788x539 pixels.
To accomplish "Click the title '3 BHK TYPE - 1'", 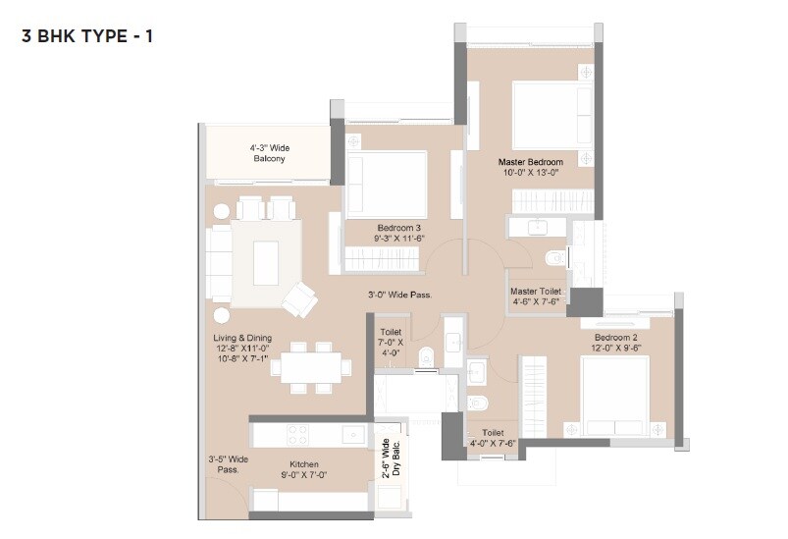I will [x=87, y=37].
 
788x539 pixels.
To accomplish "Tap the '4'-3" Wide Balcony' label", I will [x=268, y=153].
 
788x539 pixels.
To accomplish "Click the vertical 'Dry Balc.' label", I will [x=391, y=458].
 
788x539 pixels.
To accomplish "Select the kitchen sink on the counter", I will [x=347, y=432].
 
